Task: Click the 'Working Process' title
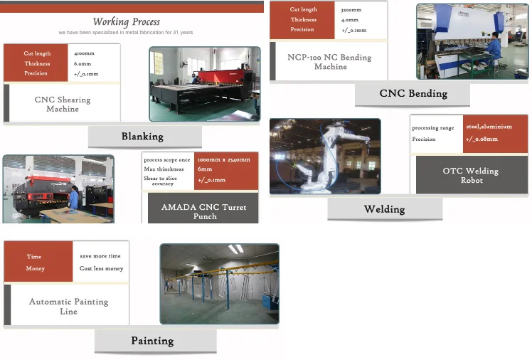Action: (x=127, y=21)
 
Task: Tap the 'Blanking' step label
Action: (x=142, y=137)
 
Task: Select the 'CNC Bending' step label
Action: (x=413, y=94)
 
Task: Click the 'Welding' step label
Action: (x=384, y=209)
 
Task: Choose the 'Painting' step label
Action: (x=152, y=341)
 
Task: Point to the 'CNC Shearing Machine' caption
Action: (x=63, y=105)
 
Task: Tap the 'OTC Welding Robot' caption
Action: (x=471, y=176)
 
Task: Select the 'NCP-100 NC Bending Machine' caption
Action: (x=329, y=62)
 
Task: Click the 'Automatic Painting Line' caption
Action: (x=68, y=307)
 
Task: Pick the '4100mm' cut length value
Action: (x=84, y=53)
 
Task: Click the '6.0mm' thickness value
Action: (x=83, y=63)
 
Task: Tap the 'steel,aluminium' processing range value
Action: (x=489, y=127)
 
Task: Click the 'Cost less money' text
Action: (x=101, y=269)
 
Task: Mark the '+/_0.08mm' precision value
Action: (x=482, y=139)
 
